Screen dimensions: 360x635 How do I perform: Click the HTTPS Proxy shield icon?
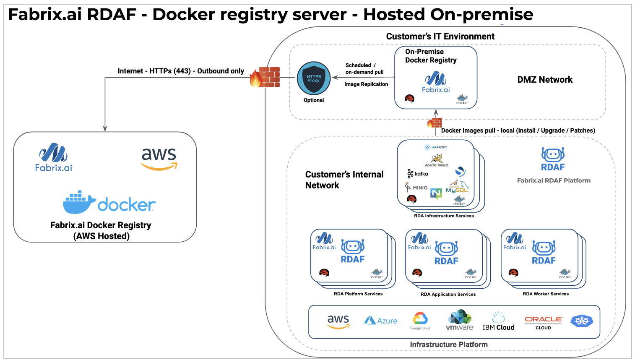click(x=314, y=78)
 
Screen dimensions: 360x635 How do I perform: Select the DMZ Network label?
click(x=545, y=80)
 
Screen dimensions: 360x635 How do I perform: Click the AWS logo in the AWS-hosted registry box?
click(x=159, y=159)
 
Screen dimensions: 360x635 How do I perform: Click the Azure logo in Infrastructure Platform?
click(x=380, y=321)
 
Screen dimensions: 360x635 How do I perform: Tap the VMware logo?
click(x=460, y=321)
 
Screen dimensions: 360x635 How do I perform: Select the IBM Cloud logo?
click(x=498, y=322)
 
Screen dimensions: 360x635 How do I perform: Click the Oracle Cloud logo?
click(x=544, y=322)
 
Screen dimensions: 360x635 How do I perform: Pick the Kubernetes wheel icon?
click(x=582, y=321)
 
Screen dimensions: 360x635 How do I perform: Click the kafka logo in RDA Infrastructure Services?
click(x=418, y=174)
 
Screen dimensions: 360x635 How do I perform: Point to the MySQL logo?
click(x=457, y=188)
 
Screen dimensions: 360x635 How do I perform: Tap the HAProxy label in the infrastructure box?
click(x=436, y=147)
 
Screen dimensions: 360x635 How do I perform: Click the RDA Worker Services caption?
click(x=546, y=294)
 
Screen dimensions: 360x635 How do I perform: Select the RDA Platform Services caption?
click(x=358, y=294)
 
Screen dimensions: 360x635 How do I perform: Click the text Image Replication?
click(x=366, y=84)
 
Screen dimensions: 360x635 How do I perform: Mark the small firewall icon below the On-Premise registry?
click(x=434, y=123)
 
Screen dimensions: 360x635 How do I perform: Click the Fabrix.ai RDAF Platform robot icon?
click(x=553, y=155)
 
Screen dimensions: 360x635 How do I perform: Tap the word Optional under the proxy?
click(x=314, y=100)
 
